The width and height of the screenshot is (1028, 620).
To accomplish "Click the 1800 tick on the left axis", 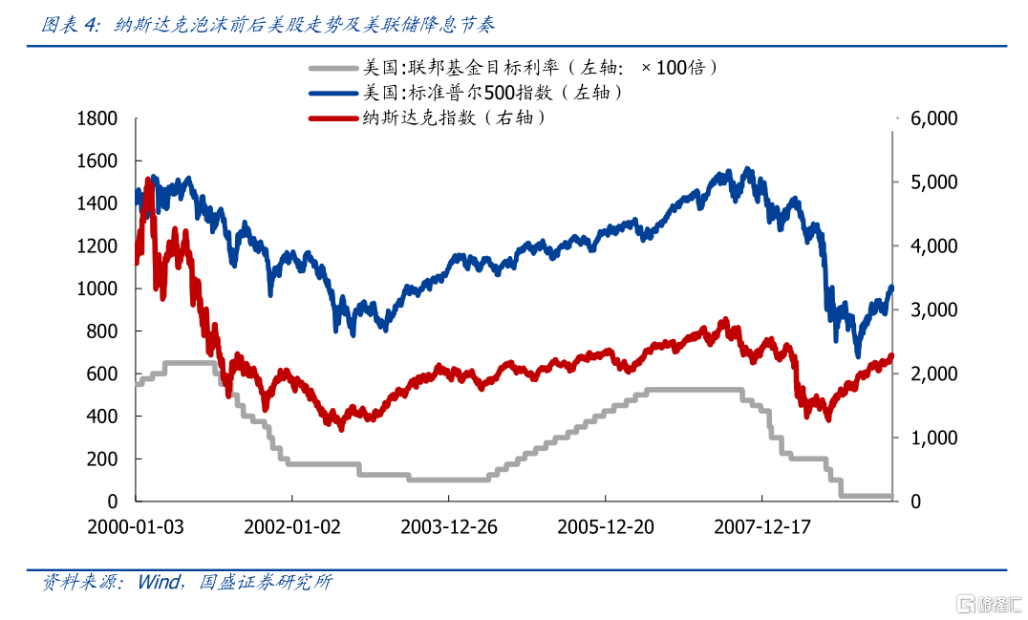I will point(96,118).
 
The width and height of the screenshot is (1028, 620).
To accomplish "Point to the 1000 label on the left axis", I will point(96,289).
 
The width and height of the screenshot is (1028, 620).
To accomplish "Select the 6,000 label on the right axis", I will point(934,118).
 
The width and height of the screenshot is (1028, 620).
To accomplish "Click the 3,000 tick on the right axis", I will point(934,310).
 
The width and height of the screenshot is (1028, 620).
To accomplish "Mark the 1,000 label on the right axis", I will point(934,438).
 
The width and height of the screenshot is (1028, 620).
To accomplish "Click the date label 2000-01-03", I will point(136,527).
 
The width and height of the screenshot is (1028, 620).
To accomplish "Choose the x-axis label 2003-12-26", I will point(449,527).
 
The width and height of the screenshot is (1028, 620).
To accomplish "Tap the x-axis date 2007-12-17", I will point(762,527).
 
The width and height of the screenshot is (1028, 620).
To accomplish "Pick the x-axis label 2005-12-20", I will point(606,527).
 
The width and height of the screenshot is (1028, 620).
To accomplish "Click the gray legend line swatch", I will point(332,69).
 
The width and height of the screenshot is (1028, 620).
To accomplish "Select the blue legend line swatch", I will point(332,93).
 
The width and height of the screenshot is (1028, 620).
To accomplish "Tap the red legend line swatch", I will point(332,118).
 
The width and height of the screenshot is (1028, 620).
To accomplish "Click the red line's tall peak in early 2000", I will point(148,180).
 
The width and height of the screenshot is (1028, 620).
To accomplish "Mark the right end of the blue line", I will point(891,288).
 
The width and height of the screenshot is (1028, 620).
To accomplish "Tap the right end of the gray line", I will point(890,496).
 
